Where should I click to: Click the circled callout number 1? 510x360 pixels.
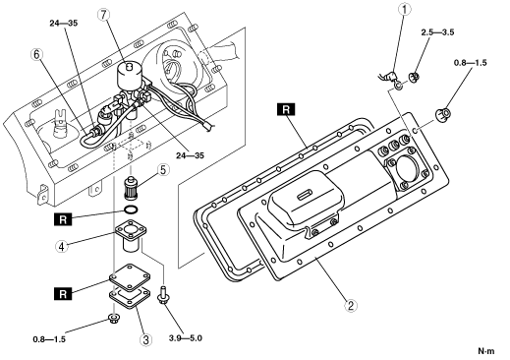click(x=404, y=9)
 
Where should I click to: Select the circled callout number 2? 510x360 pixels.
click(x=351, y=306)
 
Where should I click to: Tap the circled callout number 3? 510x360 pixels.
click(x=145, y=339)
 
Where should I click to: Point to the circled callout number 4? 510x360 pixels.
click(x=62, y=246)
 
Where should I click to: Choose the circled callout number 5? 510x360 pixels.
click(x=163, y=170)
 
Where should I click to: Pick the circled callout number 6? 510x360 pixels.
click(x=36, y=54)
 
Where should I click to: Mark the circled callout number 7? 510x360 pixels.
click(x=103, y=14)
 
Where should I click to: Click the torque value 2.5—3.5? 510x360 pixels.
click(x=437, y=32)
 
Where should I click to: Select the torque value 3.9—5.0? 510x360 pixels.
click(x=186, y=337)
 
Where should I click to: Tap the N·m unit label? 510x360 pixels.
click(x=486, y=351)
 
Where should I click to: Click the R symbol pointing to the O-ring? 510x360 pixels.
click(x=63, y=219)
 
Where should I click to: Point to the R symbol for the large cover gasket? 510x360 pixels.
click(x=286, y=109)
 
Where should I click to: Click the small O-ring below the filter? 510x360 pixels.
click(x=131, y=210)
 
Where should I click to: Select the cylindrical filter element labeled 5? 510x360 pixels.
click(x=131, y=188)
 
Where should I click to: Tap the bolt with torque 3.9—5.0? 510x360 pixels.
click(x=163, y=295)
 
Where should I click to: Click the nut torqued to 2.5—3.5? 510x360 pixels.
click(x=415, y=78)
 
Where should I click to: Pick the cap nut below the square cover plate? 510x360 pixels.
click(x=114, y=318)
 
